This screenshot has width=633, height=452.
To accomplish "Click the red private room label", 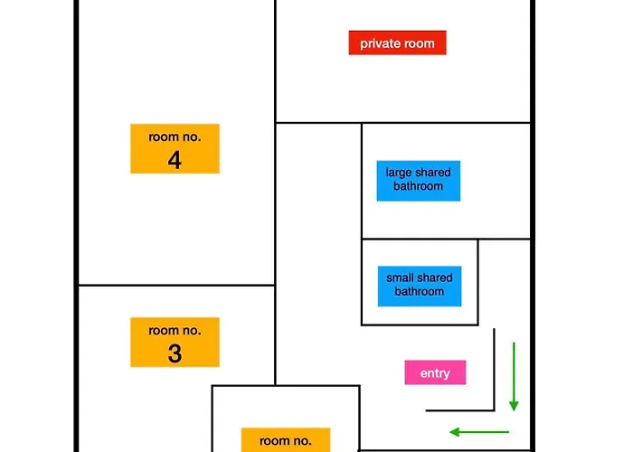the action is [x=397, y=42].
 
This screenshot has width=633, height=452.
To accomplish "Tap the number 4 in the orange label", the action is [x=175, y=160].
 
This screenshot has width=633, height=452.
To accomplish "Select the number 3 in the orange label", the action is [x=175, y=353].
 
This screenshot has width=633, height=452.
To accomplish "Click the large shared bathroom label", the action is [x=418, y=181].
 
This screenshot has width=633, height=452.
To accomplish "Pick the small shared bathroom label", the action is [x=420, y=287].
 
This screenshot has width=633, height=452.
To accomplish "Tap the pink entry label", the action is [x=435, y=372].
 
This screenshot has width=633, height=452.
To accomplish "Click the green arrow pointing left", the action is [x=479, y=432].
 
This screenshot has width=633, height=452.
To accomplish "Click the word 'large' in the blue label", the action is [x=398, y=173].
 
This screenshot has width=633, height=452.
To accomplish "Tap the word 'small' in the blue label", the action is [x=400, y=278].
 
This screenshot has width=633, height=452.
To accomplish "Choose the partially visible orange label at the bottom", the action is [x=286, y=440].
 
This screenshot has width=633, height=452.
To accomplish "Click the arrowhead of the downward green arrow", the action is [x=514, y=405].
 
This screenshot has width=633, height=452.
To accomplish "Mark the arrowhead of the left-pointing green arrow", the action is [x=455, y=432].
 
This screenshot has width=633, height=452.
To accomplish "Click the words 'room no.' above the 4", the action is [x=175, y=137].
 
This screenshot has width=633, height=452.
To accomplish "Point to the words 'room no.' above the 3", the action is [x=175, y=331].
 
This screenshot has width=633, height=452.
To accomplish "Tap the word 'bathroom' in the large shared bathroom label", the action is [x=418, y=186].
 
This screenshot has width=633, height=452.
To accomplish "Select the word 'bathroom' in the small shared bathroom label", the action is [x=420, y=291].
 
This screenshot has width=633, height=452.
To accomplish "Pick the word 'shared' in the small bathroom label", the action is [x=434, y=278].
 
